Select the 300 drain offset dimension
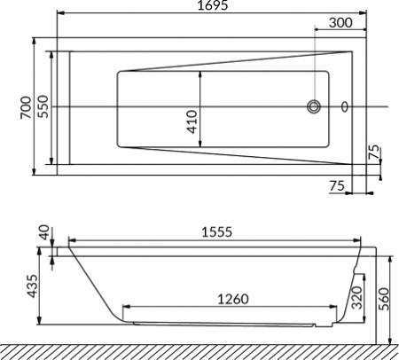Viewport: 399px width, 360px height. (340, 22)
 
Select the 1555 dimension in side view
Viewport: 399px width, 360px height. (213, 231)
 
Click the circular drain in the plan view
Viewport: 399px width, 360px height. (314, 107)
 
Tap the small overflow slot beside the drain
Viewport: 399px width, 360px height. (345, 107)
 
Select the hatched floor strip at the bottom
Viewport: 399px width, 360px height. (199, 352)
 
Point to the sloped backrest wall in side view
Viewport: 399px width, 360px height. (93, 284)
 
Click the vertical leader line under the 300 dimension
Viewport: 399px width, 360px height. (314, 62)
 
